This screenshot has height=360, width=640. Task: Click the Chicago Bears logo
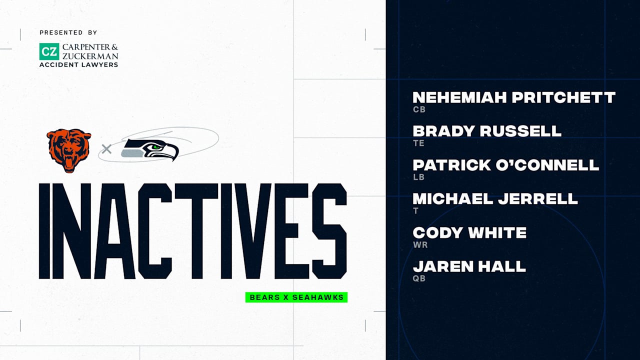(x=69, y=150)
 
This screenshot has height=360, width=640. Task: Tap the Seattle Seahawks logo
(x=150, y=149)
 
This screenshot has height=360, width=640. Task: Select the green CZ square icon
(x=49, y=51)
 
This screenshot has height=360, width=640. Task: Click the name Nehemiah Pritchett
(x=514, y=97)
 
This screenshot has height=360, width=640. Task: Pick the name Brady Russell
(x=487, y=131)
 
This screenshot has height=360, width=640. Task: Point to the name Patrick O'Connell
(x=505, y=165)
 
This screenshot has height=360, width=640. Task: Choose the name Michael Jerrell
(x=495, y=198)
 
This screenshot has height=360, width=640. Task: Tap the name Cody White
(x=469, y=232)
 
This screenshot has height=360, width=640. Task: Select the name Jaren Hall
(x=469, y=266)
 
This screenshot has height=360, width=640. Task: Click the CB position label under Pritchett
(x=419, y=109)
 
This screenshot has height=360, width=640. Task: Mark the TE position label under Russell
(x=418, y=143)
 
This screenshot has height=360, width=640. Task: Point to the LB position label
(x=418, y=177)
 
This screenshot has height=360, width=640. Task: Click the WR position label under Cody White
(x=420, y=245)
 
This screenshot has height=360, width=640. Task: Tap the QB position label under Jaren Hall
(x=419, y=278)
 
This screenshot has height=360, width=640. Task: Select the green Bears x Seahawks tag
(x=296, y=297)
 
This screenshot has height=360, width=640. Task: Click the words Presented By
(x=68, y=32)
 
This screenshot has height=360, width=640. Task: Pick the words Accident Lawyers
(x=79, y=64)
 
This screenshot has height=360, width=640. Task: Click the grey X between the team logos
(x=106, y=148)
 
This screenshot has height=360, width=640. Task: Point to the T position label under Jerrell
(x=415, y=211)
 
